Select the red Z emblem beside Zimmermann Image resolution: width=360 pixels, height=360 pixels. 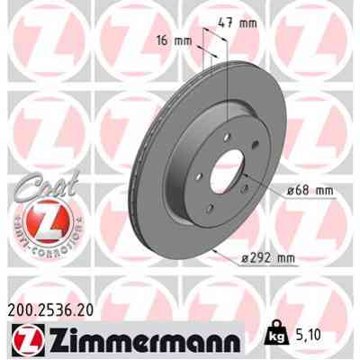(x=24, y=340)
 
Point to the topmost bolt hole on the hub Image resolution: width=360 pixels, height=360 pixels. (x=220, y=139)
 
